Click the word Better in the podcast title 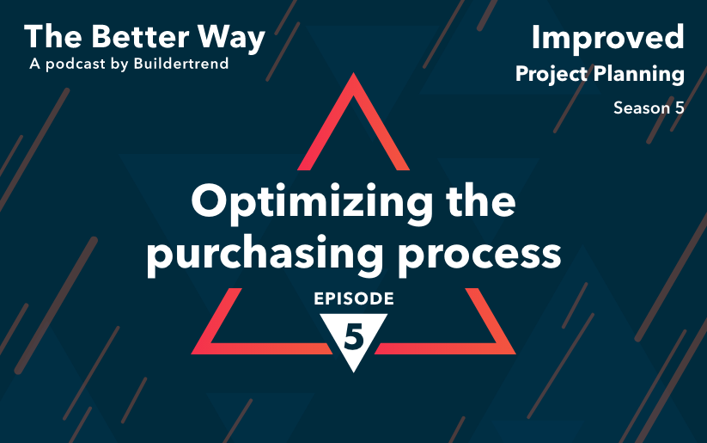pos(140,36)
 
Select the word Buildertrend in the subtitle pos(181,64)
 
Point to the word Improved pos(608,38)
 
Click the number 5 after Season pos(680,108)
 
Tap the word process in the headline pos(479,256)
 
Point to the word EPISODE pos(354,298)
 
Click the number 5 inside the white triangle pos(354,336)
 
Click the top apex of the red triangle pos(354,73)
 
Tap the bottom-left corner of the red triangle pos(192,354)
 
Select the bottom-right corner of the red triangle pos(515,354)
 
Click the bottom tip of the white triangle pos(354,372)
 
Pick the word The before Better pos(52,36)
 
